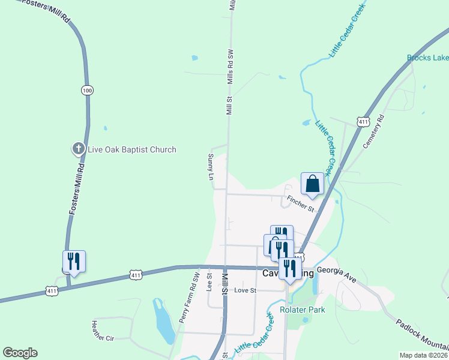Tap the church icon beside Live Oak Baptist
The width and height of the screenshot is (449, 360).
click(x=78, y=149)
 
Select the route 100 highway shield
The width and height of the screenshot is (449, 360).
click(x=88, y=90)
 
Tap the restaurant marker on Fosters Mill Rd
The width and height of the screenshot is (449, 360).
click(x=74, y=262)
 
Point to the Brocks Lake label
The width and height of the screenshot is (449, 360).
click(x=427, y=58)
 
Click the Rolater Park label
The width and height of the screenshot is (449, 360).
click(x=302, y=310)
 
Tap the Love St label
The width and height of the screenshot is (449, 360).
click(x=246, y=290)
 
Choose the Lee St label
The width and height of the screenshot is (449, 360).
click(x=209, y=282)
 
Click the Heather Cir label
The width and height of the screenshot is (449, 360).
click(x=102, y=329)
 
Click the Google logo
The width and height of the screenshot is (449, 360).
click(x=20, y=353)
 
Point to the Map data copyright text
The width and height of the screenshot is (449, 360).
click(x=423, y=355)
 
